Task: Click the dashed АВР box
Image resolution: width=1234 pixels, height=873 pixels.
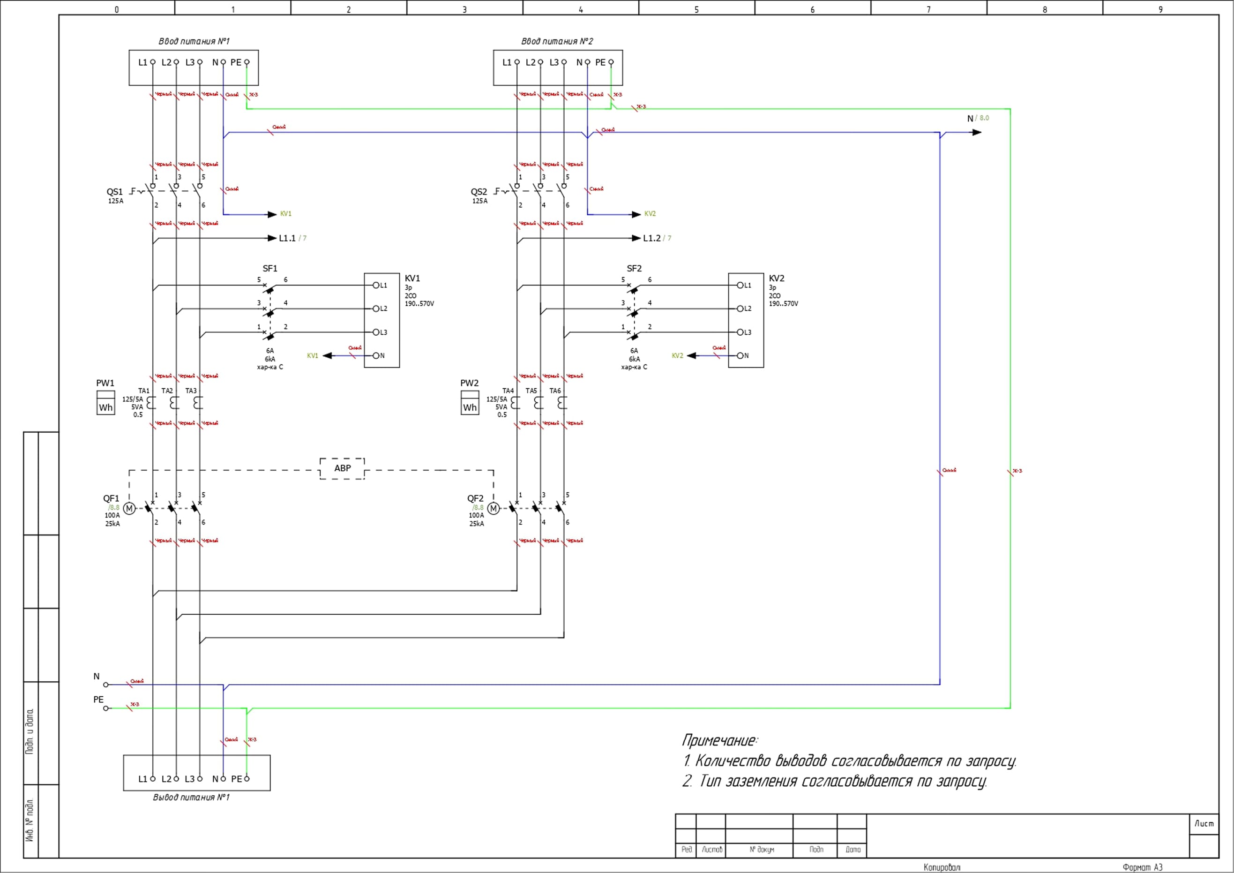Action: pyautogui.click(x=342, y=468)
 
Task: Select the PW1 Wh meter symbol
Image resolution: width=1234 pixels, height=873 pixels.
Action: pyautogui.click(x=106, y=403)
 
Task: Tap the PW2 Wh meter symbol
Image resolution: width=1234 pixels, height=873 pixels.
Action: pyautogui.click(x=470, y=403)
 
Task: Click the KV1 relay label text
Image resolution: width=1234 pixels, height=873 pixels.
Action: pyautogui.click(x=412, y=278)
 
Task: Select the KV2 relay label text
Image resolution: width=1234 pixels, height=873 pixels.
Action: pyautogui.click(x=776, y=278)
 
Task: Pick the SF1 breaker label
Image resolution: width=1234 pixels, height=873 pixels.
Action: pyautogui.click(x=270, y=268)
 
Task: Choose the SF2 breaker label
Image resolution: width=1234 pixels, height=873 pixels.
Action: pyautogui.click(x=634, y=268)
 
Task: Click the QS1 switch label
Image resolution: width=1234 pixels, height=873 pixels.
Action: pyautogui.click(x=114, y=192)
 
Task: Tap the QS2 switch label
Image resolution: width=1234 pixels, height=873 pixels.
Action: pyautogui.click(x=479, y=192)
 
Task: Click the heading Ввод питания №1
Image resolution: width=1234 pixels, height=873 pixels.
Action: pyautogui.click(x=194, y=41)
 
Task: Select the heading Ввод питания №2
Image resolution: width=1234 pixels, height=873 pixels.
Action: pyautogui.click(x=557, y=41)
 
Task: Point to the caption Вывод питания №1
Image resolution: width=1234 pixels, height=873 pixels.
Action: pyautogui.click(x=191, y=797)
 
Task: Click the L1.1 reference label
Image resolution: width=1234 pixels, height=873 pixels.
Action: pyautogui.click(x=288, y=238)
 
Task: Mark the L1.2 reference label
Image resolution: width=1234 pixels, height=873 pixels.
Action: pyautogui.click(x=651, y=238)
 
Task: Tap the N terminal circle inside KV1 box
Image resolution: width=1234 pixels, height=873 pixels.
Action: pyautogui.click(x=376, y=356)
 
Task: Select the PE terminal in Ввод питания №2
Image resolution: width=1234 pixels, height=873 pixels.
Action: pyautogui.click(x=611, y=62)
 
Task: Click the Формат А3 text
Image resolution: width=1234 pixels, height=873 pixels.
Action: pyautogui.click(x=1142, y=867)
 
